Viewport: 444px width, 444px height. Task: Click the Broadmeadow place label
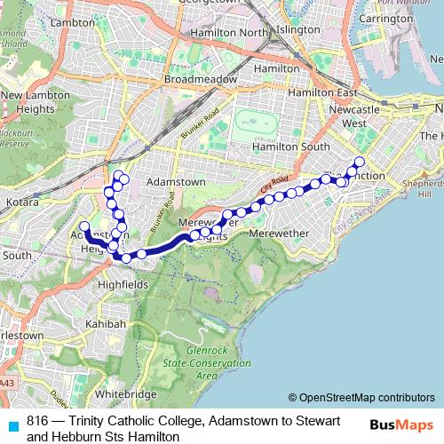point(200,78)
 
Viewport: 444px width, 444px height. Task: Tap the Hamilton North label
point(232,33)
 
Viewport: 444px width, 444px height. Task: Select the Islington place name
point(299,29)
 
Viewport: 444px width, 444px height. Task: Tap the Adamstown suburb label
point(175,181)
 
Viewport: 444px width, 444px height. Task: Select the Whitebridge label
point(125,392)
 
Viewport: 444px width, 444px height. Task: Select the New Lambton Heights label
point(35,101)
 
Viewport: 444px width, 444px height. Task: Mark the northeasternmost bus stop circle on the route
point(360,162)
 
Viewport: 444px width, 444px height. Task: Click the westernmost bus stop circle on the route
point(85,226)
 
